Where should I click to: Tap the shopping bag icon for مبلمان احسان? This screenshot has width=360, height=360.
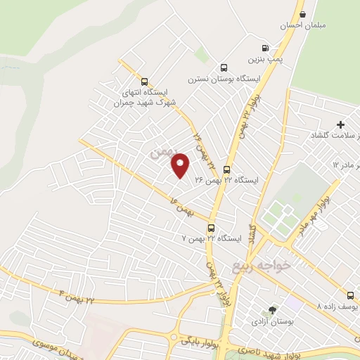coord(302,13)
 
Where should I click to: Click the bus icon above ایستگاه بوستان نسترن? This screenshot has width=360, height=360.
coord(224,68)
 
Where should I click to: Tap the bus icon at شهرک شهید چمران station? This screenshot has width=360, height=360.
coord(144,81)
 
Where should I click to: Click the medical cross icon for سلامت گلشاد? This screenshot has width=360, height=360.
coord(340,124)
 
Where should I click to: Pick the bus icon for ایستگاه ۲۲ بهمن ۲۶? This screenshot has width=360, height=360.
coord(226,169)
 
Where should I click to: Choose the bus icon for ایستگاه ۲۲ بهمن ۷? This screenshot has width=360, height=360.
coord(211,228)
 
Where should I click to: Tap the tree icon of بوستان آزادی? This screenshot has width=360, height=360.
coord(272,310)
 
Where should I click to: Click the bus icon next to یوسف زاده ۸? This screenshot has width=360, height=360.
coord(350,296)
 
